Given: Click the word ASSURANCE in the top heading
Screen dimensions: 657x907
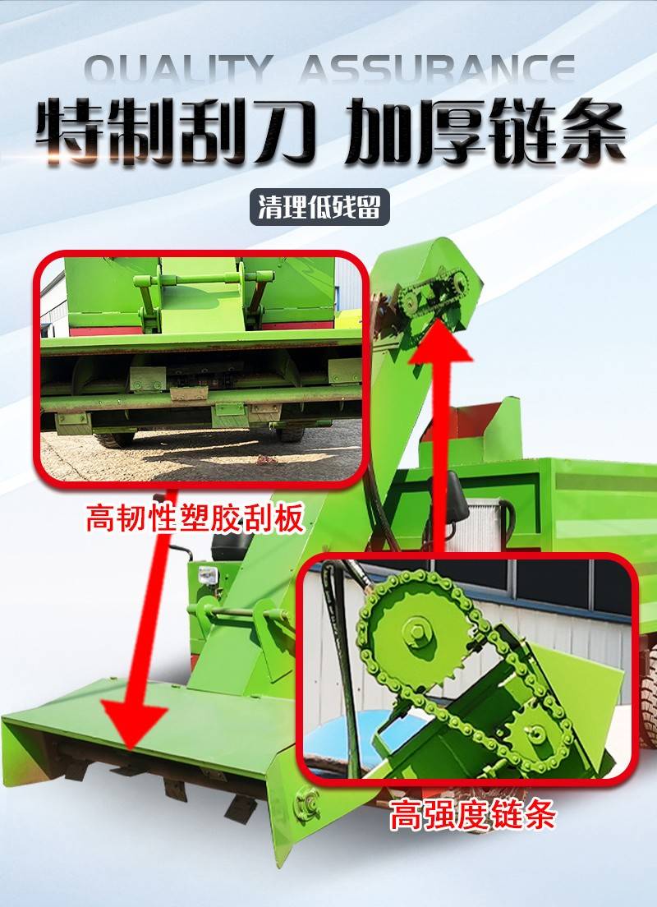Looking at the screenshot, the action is click(x=437, y=69).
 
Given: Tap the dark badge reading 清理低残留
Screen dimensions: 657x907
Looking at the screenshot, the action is click(x=319, y=206).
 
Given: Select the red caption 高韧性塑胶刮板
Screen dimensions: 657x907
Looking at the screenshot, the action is click(x=195, y=518).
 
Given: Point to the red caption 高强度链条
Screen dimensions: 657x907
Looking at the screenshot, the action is click(x=472, y=815).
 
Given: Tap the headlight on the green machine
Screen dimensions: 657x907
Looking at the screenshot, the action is click(x=208, y=575).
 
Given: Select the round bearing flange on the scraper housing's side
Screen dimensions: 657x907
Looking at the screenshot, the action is click(x=306, y=804).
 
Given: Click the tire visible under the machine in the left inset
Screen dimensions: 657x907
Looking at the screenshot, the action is click(x=116, y=439).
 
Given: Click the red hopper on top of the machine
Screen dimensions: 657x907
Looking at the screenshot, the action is click(x=467, y=426).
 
